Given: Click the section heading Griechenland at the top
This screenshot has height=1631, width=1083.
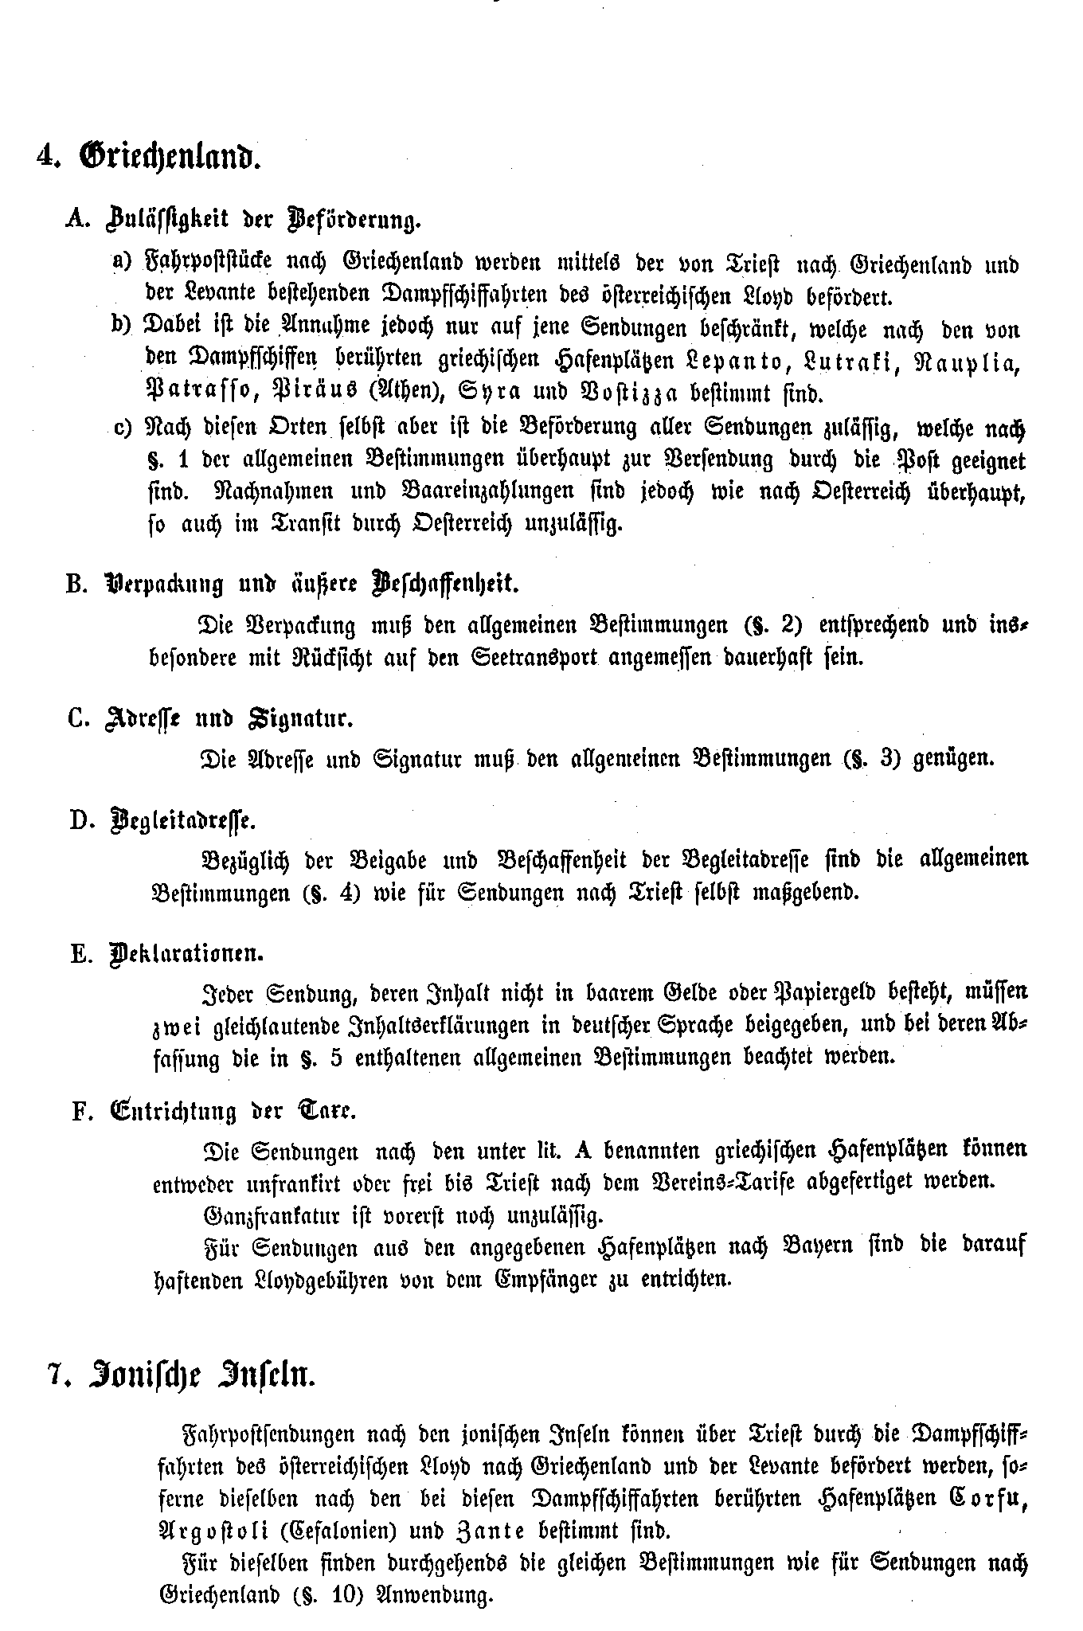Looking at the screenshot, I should [x=171, y=155].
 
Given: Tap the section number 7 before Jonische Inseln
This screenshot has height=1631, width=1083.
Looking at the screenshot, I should [x=55, y=1376].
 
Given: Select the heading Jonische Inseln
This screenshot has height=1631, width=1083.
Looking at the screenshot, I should [x=204, y=1376].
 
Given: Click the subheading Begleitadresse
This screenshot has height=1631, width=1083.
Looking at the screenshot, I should [x=182, y=820].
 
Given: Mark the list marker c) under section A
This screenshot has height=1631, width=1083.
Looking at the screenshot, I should [x=123, y=428].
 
